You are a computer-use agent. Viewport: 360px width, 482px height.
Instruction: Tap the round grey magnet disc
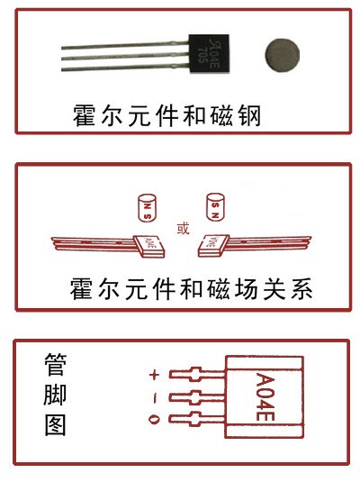281,53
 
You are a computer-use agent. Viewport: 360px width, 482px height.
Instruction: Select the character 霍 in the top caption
86,116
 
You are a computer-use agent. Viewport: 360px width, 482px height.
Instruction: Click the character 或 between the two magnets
183,228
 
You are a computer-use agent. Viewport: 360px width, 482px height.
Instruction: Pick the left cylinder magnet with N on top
144,209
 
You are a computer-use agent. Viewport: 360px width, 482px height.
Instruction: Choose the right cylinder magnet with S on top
215,208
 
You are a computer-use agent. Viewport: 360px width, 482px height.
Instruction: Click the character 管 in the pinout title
56,364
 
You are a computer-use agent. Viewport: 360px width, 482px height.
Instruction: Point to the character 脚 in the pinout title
56,394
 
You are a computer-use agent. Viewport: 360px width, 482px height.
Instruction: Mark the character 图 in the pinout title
56,423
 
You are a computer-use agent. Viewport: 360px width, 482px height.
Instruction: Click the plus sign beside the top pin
154,374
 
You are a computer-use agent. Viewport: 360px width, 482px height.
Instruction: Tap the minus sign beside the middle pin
154,396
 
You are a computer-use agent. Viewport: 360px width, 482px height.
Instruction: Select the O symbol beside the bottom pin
154,419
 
